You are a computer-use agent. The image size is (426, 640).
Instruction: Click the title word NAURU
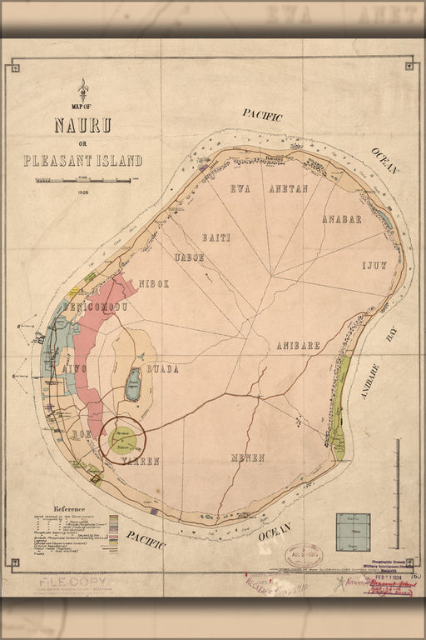pyautogui.click(x=82, y=127)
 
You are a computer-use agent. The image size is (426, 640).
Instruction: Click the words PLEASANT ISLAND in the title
pyautogui.click(x=82, y=161)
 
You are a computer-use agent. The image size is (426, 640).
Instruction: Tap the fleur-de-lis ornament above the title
pyautogui.click(x=82, y=87)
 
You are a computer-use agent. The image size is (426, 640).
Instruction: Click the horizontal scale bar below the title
pyautogui.click(x=82, y=180)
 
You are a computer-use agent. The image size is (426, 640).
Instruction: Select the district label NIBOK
pyautogui.click(x=154, y=283)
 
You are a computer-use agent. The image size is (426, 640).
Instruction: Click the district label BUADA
pyautogui.click(x=162, y=368)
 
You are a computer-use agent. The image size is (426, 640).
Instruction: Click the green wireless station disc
pyautogui.click(x=122, y=438)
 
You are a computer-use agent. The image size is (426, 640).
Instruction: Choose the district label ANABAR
pyautogui.click(x=342, y=219)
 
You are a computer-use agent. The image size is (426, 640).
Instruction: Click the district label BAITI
pyautogui.click(x=215, y=237)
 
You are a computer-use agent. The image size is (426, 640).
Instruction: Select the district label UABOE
pyautogui.click(x=188, y=257)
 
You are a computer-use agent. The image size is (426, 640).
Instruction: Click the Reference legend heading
pyautogui.click(x=70, y=508)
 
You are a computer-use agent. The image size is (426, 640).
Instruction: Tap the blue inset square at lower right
pyautogui.click(x=353, y=532)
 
